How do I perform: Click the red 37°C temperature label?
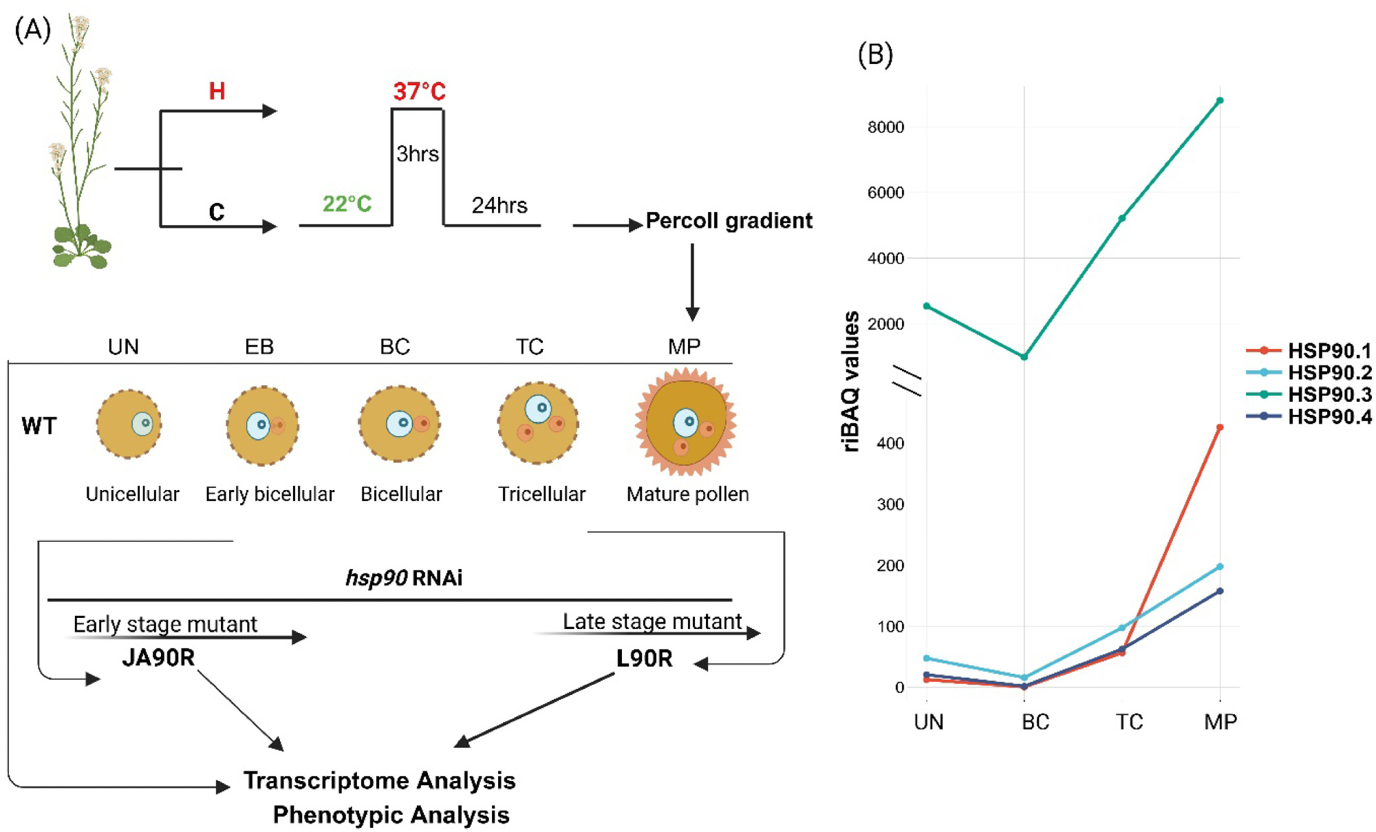click(419, 91)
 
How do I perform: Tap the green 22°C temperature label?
click(347, 204)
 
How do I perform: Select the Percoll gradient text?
click(729, 221)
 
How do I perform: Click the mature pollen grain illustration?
click(685, 422)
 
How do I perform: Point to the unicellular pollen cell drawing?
click(129, 424)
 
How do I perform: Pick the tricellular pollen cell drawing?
click(539, 423)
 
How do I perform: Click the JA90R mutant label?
click(158, 658)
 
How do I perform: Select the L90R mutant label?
click(644, 659)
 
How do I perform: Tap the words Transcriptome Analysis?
click(379, 780)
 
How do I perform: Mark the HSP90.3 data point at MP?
click(1220, 100)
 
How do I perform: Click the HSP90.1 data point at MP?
click(1220, 427)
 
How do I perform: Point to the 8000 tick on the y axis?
click(885, 127)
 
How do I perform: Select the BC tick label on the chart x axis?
click(1035, 722)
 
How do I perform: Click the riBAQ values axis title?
click(851, 381)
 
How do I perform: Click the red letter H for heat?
click(217, 91)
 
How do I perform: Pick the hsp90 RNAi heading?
click(404, 577)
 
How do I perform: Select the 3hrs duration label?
click(417, 153)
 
